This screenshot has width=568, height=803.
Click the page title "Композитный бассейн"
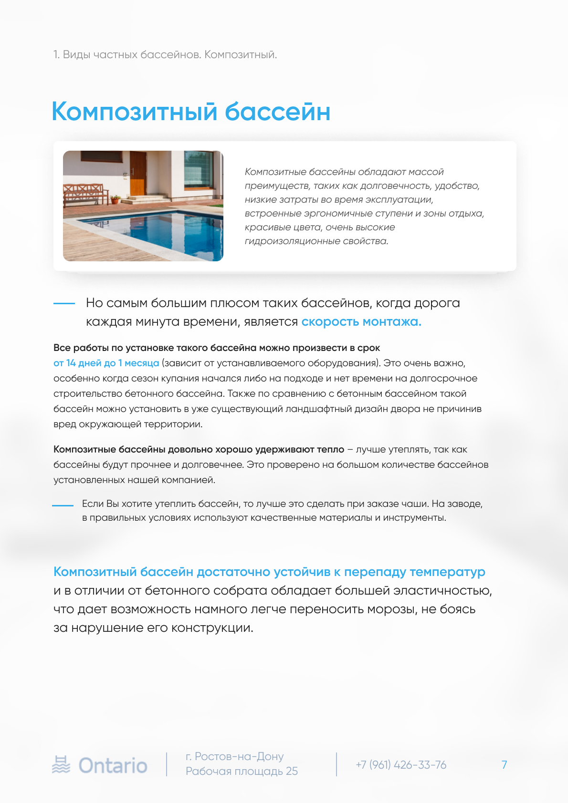point(191,112)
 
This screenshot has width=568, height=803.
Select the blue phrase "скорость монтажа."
point(361,322)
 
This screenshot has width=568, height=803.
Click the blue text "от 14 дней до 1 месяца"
point(106,363)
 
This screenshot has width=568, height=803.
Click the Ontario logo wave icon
point(61,765)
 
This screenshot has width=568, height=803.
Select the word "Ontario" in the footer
point(113,765)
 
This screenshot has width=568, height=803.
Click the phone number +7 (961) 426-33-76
point(401,765)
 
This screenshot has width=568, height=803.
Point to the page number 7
point(504,765)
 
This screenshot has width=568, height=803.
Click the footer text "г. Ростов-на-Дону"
point(234,757)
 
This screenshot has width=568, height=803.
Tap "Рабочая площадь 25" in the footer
point(242,772)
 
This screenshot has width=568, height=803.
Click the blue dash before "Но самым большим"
point(64,303)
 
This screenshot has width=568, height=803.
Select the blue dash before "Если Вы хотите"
point(63,505)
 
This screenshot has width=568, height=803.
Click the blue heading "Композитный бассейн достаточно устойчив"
point(269,572)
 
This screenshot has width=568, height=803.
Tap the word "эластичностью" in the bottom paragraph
point(442,591)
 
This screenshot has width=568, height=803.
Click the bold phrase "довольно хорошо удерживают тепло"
point(256,450)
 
